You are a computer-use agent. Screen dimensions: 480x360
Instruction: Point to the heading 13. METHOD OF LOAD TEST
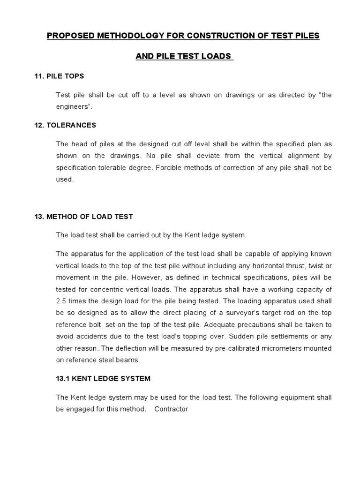pyautogui.click(x=90, y=217)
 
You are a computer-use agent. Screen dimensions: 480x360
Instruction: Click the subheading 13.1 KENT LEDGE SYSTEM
pyautogui.click(x=103, y=378)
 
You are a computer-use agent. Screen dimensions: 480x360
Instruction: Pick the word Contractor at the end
pyautogui.click(x=171, y=409)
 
